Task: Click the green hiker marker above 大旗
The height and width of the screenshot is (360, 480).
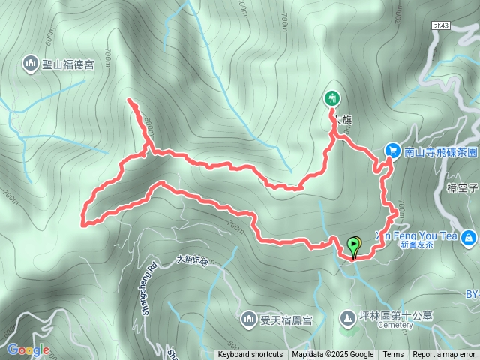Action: pos(331,97)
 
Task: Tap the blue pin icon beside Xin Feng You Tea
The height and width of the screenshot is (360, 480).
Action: pos(469,238)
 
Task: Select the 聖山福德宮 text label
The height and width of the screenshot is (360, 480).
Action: pos(68,65)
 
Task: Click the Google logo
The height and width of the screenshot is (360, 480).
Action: pos(28,349)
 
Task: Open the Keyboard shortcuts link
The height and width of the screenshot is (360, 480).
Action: pos(250,355)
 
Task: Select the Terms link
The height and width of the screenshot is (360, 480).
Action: pos(393,355)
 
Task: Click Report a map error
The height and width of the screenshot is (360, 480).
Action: pos(444,355)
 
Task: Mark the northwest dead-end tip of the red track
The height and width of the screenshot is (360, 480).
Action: pos(130,100)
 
